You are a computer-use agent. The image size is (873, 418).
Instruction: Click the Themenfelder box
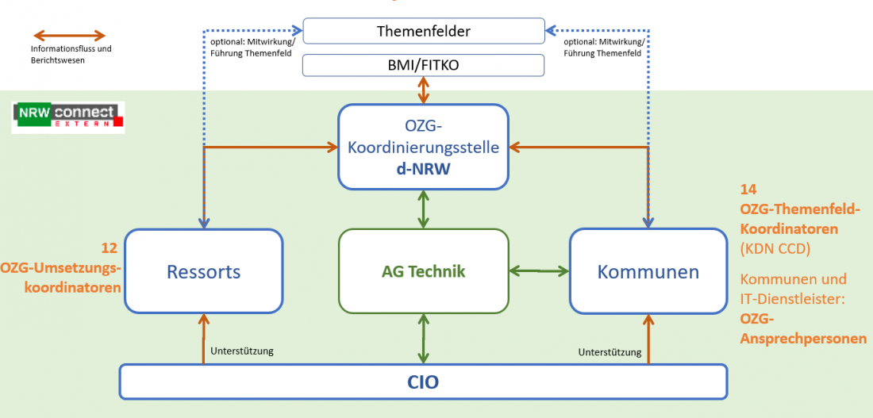click(423, 32)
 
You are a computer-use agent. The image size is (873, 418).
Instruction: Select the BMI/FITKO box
click(423, 65)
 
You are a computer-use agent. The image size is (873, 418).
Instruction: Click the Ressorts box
click(203, 272)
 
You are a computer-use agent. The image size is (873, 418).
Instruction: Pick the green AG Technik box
click(423, 271)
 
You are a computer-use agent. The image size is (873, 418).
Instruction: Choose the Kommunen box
click(648, 272)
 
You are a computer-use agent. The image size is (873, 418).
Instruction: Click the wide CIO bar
click(423, 382)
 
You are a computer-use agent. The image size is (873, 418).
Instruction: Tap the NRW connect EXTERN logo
click(68, 117)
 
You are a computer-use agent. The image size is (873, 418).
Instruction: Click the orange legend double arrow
click(68, 36)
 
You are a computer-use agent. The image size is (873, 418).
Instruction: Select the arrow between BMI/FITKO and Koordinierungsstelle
click(424, 90)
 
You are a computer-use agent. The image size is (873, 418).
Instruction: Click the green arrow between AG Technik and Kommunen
click(540, 271)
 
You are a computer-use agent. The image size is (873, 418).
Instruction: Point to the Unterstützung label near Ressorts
click(242, 351)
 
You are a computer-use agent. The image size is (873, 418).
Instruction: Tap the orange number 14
click(748, 190)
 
